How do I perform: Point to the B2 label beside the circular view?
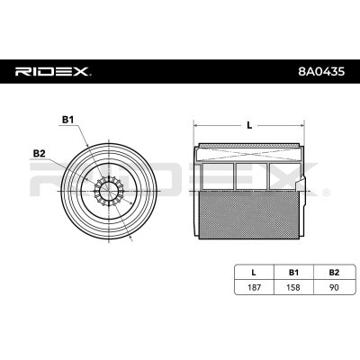coord(39,154)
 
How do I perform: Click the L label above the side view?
coord(247,126)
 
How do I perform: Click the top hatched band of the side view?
coord(247,147)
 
